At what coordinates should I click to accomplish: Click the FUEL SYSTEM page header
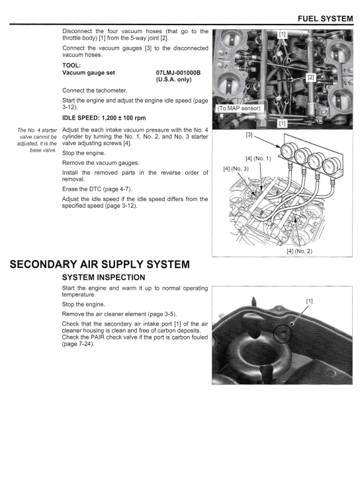point(325,19)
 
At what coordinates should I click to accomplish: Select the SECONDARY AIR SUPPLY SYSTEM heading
point(100,264)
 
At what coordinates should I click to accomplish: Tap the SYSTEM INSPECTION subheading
point(104,277)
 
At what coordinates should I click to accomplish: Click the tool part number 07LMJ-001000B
point(178,73)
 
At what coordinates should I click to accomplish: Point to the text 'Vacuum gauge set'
point(89,73)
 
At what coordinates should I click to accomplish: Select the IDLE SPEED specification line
point(104,118)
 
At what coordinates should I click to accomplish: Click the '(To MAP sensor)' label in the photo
point(239,109)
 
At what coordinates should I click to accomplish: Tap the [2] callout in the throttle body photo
point(311,77)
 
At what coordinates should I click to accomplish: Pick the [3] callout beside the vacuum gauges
point(249,134)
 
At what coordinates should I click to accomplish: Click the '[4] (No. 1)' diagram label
point(258,159)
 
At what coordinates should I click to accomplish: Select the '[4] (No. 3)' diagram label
point(236,169)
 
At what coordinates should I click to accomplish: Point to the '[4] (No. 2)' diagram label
point(300,251)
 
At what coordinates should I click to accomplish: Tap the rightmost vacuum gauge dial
point(332,166)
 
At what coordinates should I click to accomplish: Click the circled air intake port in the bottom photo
point(283,333)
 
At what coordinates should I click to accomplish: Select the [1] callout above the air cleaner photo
point(309,301)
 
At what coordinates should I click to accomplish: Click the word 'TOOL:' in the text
point(71,65)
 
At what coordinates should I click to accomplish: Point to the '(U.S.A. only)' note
point(173,80)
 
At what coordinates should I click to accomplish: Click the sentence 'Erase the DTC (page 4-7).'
point(97,189)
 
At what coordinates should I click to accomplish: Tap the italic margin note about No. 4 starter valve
point(37,140)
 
